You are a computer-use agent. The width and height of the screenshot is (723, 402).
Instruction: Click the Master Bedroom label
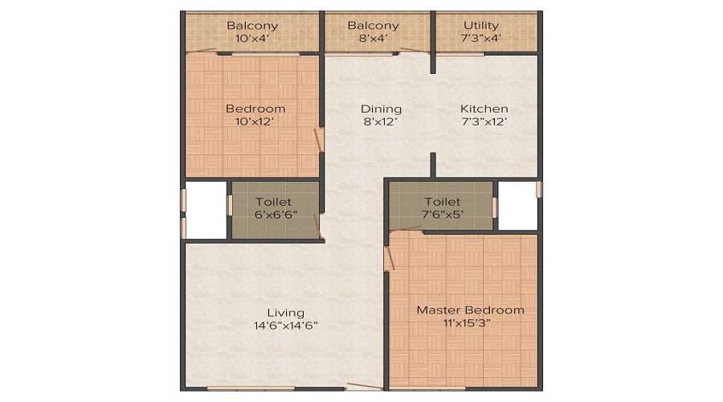pyautogui.click(x=470, y=310)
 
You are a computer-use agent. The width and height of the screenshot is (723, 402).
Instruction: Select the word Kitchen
pyautogui.click(x=484, y=109)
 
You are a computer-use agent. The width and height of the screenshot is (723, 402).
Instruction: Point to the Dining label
pyautogui.click(x=381, y=109)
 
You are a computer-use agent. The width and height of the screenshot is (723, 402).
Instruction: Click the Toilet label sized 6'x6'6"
pyautogui.click(x=273, y=202)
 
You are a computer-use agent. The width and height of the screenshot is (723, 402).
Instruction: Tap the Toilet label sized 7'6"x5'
pyautogui.click(x=442, y=202)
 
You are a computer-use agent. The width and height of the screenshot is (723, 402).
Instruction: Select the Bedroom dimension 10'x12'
pyautogui.click(x=255, y=121)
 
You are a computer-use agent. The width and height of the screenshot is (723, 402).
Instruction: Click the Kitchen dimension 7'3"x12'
pyautogui.click(x=484, y=121)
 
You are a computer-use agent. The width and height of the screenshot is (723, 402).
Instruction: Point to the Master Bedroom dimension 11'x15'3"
pyautogui.click(x=470, y=322)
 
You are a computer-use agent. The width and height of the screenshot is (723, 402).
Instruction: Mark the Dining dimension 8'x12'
pyautogui.click(x=381, y=121)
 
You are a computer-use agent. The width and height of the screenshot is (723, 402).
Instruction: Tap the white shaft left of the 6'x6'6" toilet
pyautogui.click(x=206, y=211)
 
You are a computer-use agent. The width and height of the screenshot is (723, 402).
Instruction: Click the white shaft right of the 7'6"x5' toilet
pyautogui.click(x=517, y=205)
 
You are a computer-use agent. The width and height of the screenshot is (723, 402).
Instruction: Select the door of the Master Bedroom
pyautogui.click(x=389, y=252)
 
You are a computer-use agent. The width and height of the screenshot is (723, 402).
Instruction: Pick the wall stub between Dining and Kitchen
pyautogui.click(x=433, y=164)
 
